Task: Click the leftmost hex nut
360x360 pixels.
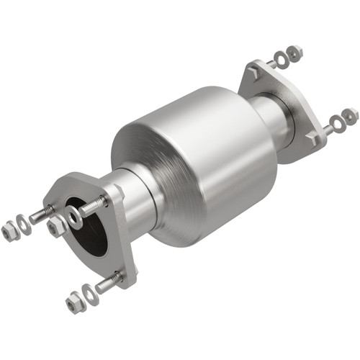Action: (9, 231)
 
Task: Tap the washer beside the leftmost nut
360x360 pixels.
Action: (24, 224)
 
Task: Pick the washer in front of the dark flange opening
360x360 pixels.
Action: (74, 215)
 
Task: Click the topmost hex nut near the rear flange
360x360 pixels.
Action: (294, 52)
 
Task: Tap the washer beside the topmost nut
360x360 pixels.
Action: (281, 57)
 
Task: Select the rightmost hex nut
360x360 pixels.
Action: (351, 115)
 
